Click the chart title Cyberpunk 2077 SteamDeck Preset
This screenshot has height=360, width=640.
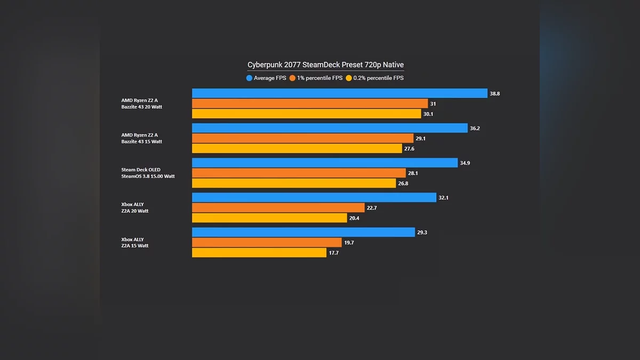pyautogui.click(x=325, y=65)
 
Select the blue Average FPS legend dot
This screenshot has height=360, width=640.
pyautogui.click(x=249, y=78)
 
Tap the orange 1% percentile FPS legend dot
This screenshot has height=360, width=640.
pyautogui.click(x=292, y=78)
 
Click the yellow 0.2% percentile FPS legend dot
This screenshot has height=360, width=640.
pyautogui.click(x=349, y=78)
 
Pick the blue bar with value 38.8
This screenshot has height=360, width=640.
pyautogui.click(x=340, y=93)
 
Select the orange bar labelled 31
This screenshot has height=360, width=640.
pyautogui.click(x=310, y=103)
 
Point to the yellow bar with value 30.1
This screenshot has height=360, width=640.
pyautogui.click(x=307, y=114)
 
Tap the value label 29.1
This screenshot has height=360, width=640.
pyautogui.click(x=421, y=139)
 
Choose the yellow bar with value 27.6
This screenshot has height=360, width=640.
pyautogui.click(x=297, y=149)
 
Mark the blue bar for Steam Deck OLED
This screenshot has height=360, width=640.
pyautogui.click(x=325, y=163)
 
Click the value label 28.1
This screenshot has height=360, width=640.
pyautogui.click(x=413, y=173)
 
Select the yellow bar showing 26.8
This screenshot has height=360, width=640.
pyautogui.click(x=294, y=183)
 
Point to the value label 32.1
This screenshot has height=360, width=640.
pyautogui.click(x=444, y=198)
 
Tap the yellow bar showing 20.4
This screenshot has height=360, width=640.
pyautogui.click(x=269, y=218)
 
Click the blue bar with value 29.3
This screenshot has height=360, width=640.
pyautogui.click(x=303, y=233)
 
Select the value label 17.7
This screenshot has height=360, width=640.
pyautogui.click(x=334, y=253)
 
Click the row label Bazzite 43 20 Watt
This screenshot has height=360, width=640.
pyautogui.click(x=141, y=107)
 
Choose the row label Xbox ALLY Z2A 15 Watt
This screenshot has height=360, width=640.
pyautogui.click(x=134, y=243)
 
